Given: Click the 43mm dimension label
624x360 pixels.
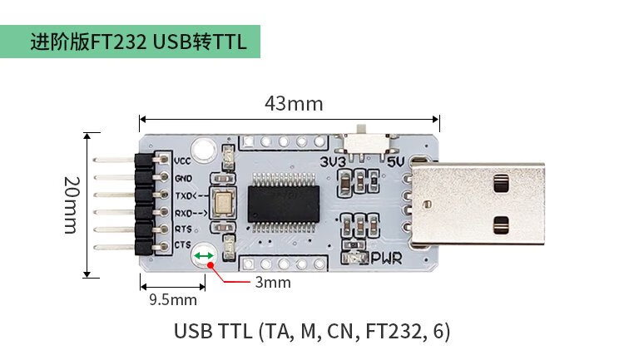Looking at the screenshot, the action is tap(294, 103).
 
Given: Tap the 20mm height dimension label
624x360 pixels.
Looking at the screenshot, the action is tap(72, 205).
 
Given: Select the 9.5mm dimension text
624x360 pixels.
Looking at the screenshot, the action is tap(173, 299).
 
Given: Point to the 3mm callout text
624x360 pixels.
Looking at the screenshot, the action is tap(273, 282).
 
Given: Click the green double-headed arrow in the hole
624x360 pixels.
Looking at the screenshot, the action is tap(204, 256).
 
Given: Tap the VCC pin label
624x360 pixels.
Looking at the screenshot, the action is tap(183, 161).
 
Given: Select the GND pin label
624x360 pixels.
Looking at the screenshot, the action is tap(183, 179).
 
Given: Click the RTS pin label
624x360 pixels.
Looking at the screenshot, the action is tap(183, 229).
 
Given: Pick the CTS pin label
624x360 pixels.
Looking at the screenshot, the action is tap(183, 244).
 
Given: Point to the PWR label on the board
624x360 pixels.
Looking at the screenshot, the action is tap(387, 259).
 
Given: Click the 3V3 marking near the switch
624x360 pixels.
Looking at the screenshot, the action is tap(333, 162).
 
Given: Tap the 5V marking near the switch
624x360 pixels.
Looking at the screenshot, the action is tap(396, 161).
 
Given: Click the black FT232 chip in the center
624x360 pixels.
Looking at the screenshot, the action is tap(284, 203).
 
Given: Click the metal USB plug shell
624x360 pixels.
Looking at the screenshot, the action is tap(478, 203).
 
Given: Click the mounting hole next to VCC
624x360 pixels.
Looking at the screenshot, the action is tap(204, 150).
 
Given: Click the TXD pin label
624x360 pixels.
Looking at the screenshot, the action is tap(191, 195).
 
